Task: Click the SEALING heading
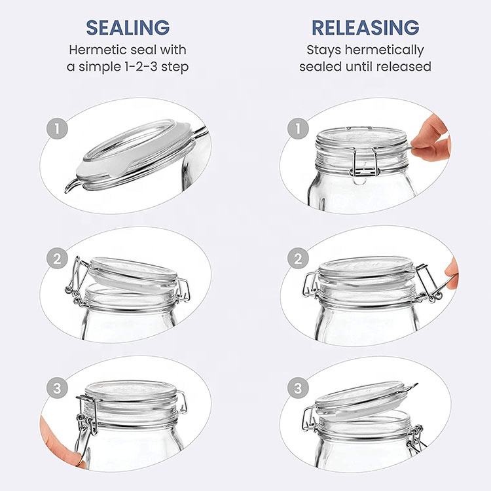tap(128, 27)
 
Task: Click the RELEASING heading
tap(365, 27)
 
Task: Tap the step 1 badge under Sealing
tap(57, 128)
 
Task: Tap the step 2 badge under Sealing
tap(57, 259)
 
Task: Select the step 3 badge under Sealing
tap(57, 388)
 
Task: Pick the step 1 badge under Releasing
tap(298, 128)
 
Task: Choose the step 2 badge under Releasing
tap(298, 259)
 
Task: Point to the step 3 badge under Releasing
tap(298, 388)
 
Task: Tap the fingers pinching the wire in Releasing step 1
tap(431, 138)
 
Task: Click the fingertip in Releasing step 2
tap(452, 273)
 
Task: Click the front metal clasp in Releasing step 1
tap(365, 162)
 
